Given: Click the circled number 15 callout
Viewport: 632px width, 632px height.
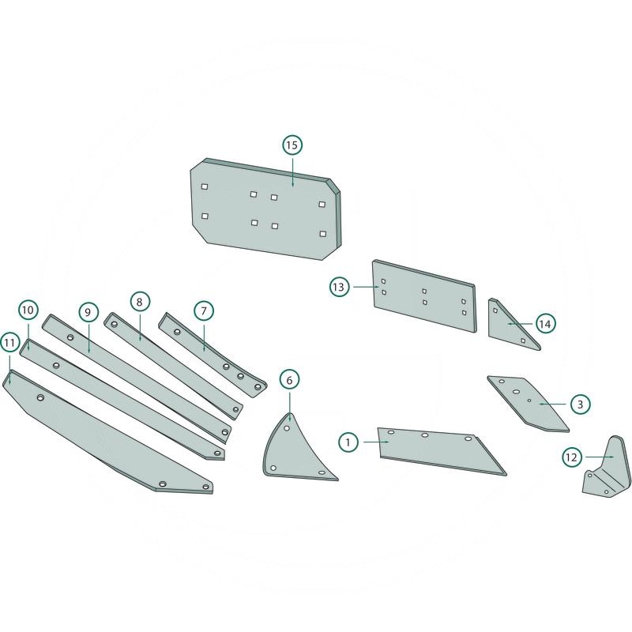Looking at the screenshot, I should (292, 145).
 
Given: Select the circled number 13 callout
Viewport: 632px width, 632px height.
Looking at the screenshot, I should (339, 288).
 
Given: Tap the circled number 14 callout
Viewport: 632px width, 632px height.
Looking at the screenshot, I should (545, 324).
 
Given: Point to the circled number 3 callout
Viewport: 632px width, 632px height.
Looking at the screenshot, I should (580, 404).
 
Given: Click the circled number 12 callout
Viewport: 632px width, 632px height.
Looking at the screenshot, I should (572, 457).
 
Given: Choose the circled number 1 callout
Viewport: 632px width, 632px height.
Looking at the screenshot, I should (348, 442).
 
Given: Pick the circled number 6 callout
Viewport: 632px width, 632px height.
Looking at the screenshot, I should (289, 380).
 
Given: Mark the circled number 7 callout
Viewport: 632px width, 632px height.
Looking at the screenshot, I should (203, 310).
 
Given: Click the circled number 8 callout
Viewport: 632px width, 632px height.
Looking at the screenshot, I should (138, 302).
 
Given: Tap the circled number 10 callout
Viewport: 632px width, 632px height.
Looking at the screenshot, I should (28, 309).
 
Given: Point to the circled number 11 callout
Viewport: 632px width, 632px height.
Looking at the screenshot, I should (9, 343).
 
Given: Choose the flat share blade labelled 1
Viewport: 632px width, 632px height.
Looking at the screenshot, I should (438, 450).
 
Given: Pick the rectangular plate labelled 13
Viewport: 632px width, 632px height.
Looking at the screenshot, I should (423, 296).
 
